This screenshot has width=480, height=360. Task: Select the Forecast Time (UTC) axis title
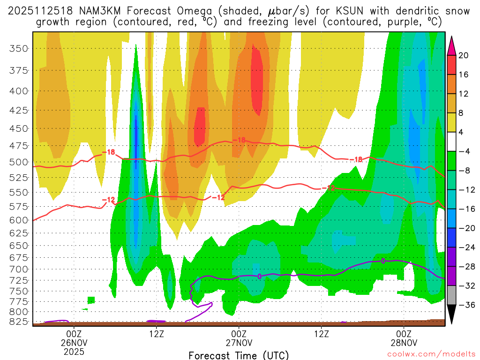[x=239, y=355]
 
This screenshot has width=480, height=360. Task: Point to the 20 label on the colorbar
[x=464, y=55]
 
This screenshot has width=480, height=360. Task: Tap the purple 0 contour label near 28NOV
[x=383, y=261]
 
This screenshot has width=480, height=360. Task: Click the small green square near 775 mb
[x=91, y=300]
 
